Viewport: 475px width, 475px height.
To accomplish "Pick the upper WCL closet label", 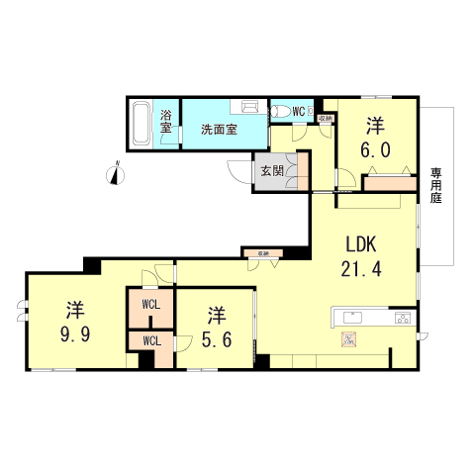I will click(x=150, y=304).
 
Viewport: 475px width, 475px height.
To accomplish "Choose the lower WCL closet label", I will click(x=150, y=340).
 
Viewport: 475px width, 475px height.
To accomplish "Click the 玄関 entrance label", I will click(x=271, y=170).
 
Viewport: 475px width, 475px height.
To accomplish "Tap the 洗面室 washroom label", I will click(x=219, y=130).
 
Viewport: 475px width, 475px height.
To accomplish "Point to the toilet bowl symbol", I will click(x=282, y=112).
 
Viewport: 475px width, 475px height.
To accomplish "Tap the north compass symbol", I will click(x=117, y=174).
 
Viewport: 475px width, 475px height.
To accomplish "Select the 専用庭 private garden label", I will click(x=435, y=187).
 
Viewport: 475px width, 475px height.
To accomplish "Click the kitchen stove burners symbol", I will click(x=403, y=318).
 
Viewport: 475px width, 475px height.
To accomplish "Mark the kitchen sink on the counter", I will click(x=353, y=318).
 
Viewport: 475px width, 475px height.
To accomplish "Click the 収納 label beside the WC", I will click(x=325, y=120).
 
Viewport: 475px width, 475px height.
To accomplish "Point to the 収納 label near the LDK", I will click(x=263, y=254).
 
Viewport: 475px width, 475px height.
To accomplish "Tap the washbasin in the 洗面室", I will click(x=244, y=106).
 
